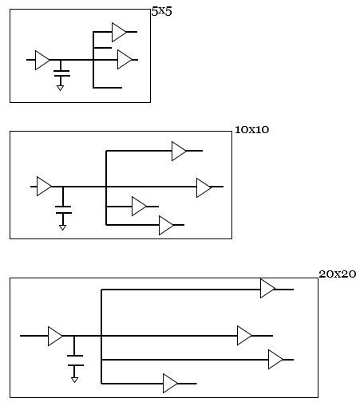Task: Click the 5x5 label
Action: click(x=161, y=12)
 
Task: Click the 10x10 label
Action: click(x=252, y=129)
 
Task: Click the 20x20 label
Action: click(x=337, y=274)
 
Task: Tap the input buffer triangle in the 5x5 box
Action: click(x=42, y=60)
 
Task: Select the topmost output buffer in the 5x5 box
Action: click(x=119, y=32)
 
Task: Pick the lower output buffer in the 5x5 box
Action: click(x=124, y=60)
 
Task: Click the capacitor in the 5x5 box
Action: click(x=61, y=74)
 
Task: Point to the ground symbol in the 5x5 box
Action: click(x=61, y=88)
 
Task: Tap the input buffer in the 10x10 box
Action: click(x=44, y=187)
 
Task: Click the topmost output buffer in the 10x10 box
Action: click(x=179, y=151)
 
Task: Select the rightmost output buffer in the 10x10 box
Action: click(x=204, y=187)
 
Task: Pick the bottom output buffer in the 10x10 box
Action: click(x=166, y=226)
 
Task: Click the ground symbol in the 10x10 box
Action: click(x=64, y=227)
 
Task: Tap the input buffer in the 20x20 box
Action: click(x=55, y=336)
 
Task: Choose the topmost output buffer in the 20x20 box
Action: click(x=267, y=289)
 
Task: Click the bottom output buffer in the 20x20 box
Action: click(x=170, y=384)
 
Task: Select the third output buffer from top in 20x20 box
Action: click(x=275, y=360)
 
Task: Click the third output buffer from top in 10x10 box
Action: click(x=139, y=207)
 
